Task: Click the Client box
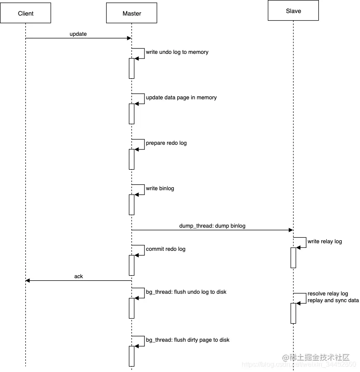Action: pos(25,13)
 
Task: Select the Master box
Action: pos(131,13)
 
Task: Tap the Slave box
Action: pos(293,11)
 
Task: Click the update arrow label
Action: pos(78,34)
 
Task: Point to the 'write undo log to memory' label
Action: pos(177,52)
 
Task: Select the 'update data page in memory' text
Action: pos(181,98)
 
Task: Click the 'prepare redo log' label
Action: pos(166,143)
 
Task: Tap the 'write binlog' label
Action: pos(160,189)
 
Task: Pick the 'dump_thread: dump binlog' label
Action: pos(212,226)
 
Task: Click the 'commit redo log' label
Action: pos(165,249)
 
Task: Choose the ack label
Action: pos(78,276)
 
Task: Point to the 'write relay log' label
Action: pos(325,242)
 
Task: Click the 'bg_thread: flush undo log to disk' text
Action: pos(186,292)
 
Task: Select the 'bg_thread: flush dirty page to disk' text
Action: pos(187,340)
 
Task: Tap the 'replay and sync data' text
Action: pos(333,300)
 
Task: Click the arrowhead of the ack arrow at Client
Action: pos(28,281)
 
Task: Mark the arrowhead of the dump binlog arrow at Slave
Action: pos(291,230)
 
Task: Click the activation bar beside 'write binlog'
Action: pos(131,205)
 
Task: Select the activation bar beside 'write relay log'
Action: pos(293,258)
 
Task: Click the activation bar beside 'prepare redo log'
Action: pos(131,159)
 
